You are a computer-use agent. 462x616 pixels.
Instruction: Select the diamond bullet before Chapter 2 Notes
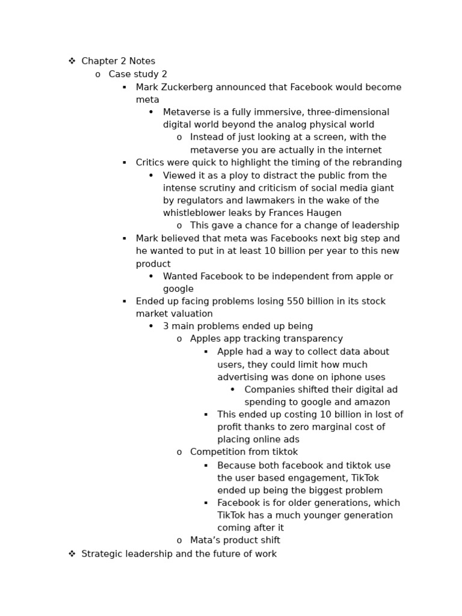point(72,61)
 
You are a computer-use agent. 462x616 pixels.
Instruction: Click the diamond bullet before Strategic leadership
point(72,553)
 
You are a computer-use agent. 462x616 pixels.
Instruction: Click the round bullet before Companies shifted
point(233,389)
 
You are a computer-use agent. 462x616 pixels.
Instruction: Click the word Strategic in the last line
point(102,553)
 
